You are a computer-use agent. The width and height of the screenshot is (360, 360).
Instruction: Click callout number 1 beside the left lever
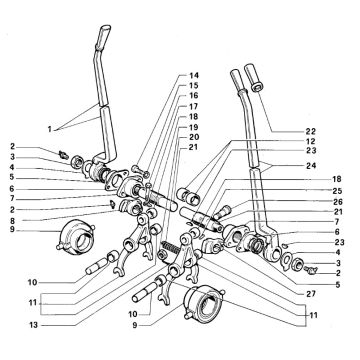click(x=50, y=129)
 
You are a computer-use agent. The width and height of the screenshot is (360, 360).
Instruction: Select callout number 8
click(x=12, y=220)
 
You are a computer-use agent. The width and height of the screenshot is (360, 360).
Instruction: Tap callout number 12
click(x=311, y=141)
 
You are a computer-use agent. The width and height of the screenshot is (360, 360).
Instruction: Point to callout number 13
click(x=33, y=326)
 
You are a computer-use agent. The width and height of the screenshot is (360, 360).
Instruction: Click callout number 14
click(x=194, y=75)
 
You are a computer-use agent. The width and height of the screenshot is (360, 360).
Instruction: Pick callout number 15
click(x=194, y=85)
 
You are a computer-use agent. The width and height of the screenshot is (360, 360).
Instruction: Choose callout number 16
click(x=194, y=96)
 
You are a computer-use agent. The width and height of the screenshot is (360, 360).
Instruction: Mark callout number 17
click(x=194, y=107)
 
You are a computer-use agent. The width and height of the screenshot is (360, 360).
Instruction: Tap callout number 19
click(x=194, y=127)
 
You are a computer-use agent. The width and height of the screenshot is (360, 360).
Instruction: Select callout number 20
click(x=194, y=137)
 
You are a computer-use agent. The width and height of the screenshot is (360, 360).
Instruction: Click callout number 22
click(x=311, y=131)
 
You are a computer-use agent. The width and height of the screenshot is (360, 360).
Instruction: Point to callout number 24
click(x=311, y=165)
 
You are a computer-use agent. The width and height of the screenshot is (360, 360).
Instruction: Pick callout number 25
click(x=337, y=191)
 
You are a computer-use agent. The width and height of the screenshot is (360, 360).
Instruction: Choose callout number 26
click(x=337, y=202)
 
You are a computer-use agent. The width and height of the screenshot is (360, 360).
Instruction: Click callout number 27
click(x=311, y=294)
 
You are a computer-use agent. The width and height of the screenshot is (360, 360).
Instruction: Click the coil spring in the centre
click(x=169, y=248)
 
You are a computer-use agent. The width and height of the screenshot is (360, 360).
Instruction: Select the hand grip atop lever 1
click(x=103, y=36)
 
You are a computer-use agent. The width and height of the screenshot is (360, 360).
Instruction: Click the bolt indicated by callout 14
click(x=140, y=171)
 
